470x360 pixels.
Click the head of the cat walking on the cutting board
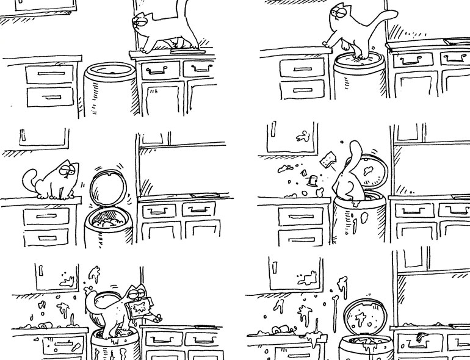142,24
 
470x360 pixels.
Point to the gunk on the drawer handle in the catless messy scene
421,336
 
